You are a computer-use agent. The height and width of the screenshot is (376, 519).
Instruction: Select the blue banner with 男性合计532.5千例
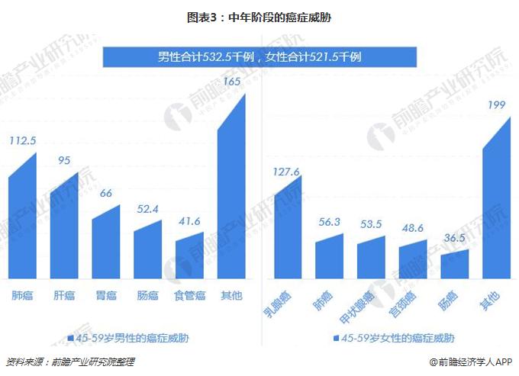[x=259, y=56]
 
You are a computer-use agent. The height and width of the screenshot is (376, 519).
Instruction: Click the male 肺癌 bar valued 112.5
[x=22, y=221]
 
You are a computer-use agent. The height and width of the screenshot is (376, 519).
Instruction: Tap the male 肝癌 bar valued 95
[x=64, y=229]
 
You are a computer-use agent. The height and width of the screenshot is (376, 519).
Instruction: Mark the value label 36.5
[x=455, y=238]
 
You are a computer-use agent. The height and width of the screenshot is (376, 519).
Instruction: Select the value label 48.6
[x=413, y=228]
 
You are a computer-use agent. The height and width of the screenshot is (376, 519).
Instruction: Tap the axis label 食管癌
[x=189, y=295]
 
